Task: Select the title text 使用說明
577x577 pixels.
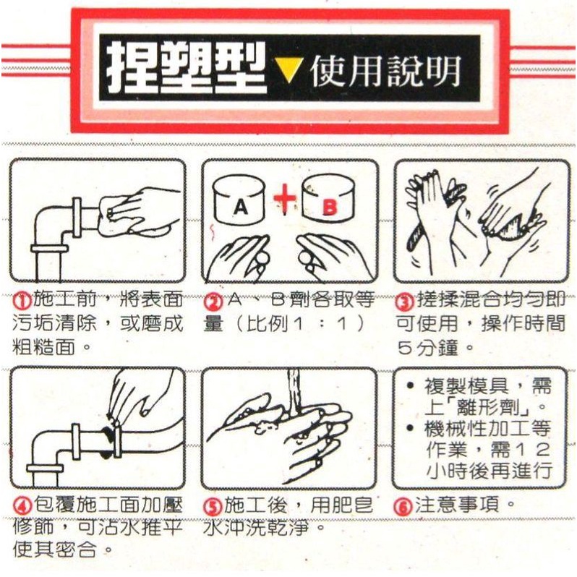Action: coord(385,71)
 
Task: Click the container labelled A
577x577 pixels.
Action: coord(239,199)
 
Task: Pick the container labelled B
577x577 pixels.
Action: coord(328,199)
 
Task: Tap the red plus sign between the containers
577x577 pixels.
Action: coord(284,198)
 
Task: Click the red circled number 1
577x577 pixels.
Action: coord(23,302)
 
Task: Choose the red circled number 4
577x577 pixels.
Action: coord(22,506)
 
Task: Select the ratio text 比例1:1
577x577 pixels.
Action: coord(298,325)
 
